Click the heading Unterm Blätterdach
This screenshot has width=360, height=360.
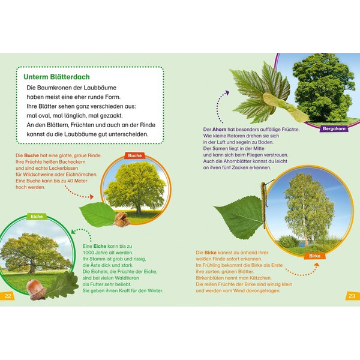(x=57, y=77)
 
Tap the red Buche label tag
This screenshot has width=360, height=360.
(x=135, y=155)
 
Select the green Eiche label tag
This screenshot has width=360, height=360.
(x=37, y=217)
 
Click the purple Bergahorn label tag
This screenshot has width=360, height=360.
(x=334, y=129)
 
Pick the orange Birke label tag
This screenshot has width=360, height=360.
(x=314, y=256)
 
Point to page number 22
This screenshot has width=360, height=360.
(x=8, y=296)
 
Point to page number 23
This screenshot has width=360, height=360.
(x=352, y=296)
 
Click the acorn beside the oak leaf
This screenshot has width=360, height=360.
(x=36, y=290)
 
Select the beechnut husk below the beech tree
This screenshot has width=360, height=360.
(x=122, y=219)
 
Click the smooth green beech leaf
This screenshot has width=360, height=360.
(x=98, y=214)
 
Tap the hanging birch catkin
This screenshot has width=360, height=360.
(x=264, y=205)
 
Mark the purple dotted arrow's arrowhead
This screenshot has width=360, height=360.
(x=227, y=92)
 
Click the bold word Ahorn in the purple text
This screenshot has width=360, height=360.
(x=219, y=129)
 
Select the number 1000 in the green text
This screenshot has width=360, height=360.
(x=88, y=253)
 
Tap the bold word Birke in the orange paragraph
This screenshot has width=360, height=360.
(x=211, y=253)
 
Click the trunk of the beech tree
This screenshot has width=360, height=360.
(x=139, y=209)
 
